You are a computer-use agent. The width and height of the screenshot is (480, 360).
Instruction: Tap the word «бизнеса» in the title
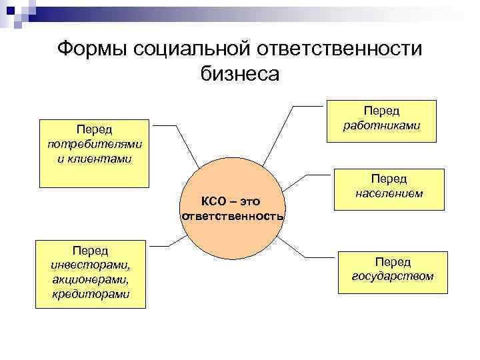240,73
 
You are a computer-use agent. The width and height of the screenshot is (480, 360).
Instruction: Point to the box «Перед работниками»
381,121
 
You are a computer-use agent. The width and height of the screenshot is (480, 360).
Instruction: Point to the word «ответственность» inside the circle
233,217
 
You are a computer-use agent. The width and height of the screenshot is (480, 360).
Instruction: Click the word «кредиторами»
91,294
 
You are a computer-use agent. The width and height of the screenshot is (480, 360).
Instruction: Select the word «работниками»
381,125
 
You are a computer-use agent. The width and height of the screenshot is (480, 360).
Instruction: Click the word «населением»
389,193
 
